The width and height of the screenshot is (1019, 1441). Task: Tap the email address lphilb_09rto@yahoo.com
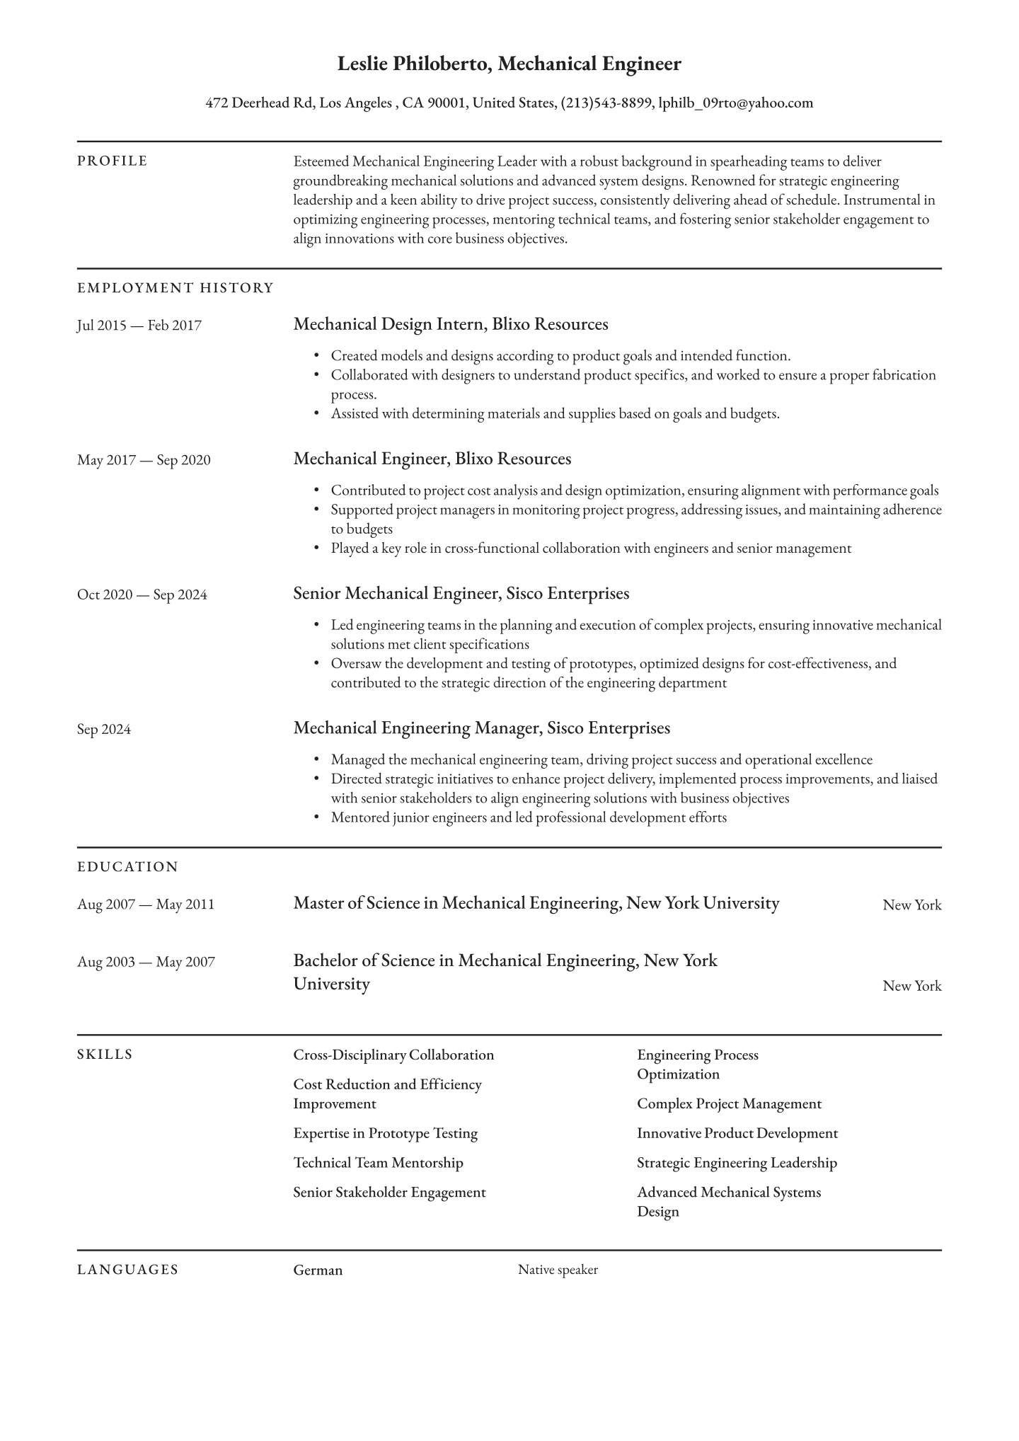coord(735,103)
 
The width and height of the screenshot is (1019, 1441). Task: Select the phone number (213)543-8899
coord(606,103)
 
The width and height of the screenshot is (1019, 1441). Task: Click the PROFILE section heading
coord(113,161)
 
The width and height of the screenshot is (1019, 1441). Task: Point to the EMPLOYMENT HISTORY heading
coord(175,288)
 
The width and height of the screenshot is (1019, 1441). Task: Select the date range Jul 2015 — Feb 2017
coord(139,326)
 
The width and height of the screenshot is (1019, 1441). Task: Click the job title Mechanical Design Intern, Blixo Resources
coord(451,325)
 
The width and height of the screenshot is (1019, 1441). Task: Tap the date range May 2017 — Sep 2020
coord(144,460)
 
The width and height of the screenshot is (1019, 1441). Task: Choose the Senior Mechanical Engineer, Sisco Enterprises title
coord(461,594)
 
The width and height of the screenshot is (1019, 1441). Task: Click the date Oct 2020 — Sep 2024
coord(142,595)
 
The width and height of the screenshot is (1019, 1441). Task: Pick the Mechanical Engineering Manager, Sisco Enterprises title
coord(481,728)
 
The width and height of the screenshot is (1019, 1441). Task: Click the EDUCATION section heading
coord(127,867)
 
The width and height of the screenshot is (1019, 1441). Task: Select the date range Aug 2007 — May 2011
coord(146,905)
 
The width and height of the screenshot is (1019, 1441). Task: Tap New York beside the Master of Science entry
coord(911,905)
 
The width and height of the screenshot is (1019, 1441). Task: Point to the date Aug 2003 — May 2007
coord(146,962)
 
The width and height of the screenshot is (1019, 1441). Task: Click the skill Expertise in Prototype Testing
coord(386,1133)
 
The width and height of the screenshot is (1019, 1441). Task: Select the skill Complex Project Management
coord(729,1103)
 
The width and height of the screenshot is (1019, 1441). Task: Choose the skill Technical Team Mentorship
coord(378,1163)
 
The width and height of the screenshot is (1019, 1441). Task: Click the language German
coord(318,1270)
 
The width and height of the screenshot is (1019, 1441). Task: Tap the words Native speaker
coord(558,1270)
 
